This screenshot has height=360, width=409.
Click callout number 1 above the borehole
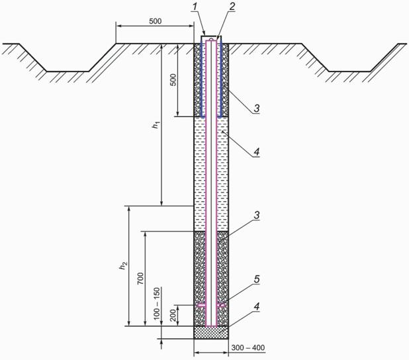pyautogui.click(x=194, y=7)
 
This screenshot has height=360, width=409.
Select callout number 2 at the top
pyautogui.click(x=232, y=7)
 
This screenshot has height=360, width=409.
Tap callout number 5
pyautogui.click(x=257, y=279)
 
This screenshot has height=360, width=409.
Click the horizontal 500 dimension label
pyautogui.click(x=156, y=21)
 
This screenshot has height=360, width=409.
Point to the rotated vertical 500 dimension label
pyautogui.click(x=173, y=80)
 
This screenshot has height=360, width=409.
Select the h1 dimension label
pyautogui.click(x=156, y=125)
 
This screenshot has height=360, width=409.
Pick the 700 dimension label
pyautogui.click(x=140, y=279)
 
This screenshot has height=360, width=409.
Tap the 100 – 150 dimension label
pyautogui.click(x=156, y=303)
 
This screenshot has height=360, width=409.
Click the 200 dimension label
pyautogui.click(x=173, y=316)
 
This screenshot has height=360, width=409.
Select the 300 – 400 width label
pyautogui.click(x=248, y=347)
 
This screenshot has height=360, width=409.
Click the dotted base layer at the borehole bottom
pyautogui.click(x=211, y=333)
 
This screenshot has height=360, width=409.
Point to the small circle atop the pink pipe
pyautogui.click(x=211, y=40)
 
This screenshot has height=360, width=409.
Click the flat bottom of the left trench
pyautogui.click(x=68, y=71)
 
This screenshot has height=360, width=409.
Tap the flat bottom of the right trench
pyautogui.click(x=349, y=71)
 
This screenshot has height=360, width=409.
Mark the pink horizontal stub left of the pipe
pyautogui.click(x=201, y=304)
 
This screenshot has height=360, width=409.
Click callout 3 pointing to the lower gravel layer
pyautogui.click(x=257, y=216)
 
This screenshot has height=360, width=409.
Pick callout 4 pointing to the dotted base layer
pyautogui.click(x=257, y=306)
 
